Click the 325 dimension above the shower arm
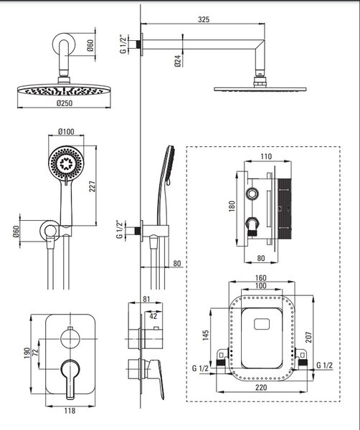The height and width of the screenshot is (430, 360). (204, 19)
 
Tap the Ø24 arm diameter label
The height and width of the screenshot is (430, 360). (178, 61)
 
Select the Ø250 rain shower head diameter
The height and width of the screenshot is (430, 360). (65, 103)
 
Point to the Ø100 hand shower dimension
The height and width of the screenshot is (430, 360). (66, 132)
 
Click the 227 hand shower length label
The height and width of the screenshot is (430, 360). (93, 186)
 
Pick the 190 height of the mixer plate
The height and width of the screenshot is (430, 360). (27, 353)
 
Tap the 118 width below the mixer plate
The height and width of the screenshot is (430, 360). (70, 411)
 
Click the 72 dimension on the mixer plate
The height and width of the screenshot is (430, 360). (35, 353)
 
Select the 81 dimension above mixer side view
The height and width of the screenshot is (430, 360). (146, 299)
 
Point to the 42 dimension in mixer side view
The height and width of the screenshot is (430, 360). (153, 316)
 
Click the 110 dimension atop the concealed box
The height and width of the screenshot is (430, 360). (266, 156)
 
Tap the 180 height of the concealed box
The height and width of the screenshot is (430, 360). (232, 206)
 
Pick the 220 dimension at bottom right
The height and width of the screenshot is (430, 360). (260, 388)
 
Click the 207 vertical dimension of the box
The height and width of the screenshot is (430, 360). (308, 338)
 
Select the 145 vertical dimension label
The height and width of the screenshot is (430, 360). (206, 335)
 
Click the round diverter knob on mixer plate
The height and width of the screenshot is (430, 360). (70, 339)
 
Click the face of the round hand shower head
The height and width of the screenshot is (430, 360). (66, 163)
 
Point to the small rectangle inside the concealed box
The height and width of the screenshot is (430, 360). (262, 324)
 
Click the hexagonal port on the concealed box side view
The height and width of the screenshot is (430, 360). (252, 194)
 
